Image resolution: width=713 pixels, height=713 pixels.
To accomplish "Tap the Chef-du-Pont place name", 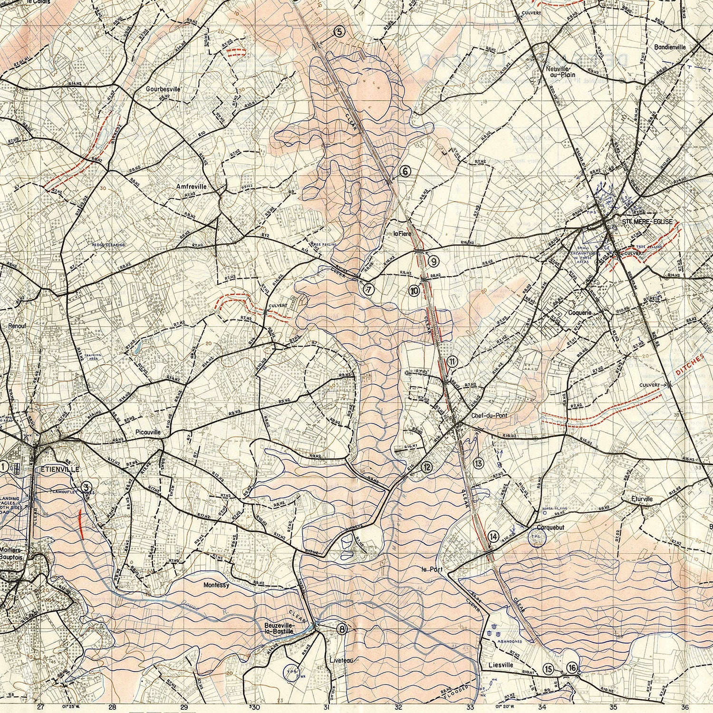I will [x=489, y=415].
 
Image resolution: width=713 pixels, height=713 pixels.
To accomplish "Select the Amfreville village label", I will [x=192, y=187].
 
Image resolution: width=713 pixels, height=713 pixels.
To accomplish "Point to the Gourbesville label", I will [x=163, y=89].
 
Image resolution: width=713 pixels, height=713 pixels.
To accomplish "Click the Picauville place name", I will [x=148, y=433].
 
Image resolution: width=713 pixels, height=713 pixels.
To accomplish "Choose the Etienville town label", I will [x=60, y=469].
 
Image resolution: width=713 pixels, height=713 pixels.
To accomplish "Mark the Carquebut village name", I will [x=550, y=528].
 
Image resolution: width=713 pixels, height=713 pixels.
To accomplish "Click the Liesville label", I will [x=501, y=665].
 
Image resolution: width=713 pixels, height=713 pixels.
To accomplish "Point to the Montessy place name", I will [x=216, y=585].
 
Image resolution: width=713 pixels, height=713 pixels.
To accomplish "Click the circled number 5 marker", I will [x=338, y=32].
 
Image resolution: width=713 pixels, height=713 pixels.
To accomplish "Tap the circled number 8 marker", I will [x=342, y=629].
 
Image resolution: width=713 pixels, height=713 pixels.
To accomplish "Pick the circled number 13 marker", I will [x=478, y=463].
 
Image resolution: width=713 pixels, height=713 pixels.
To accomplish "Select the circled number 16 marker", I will [x=572, y=668].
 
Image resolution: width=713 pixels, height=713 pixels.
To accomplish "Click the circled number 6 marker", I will [x=405, y=171].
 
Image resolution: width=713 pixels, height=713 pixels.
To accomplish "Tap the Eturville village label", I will [x=642, y=499].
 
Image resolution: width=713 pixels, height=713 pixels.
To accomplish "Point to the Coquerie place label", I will [x=580, y=313].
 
